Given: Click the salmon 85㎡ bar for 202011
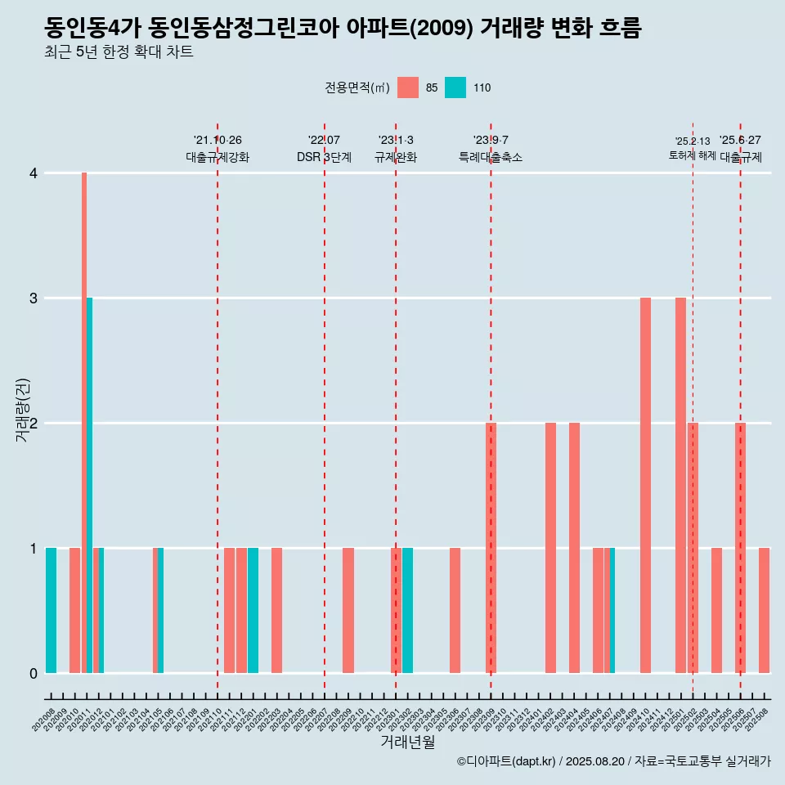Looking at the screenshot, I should click(x=84, y=423).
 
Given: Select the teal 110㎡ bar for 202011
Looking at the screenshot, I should click(x=89, y=485).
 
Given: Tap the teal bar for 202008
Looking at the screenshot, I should click(x=51, y=610).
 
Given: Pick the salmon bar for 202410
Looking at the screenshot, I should click(x=645, y=485).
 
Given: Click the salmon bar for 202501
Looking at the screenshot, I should click(x=680, y=485).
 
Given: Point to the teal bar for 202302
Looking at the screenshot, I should click(x=407, y=610).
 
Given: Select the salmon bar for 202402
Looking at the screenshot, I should click(x=550, y=548).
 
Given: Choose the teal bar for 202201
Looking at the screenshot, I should click(x=253, y=610).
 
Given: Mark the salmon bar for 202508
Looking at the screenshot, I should click(x=764, y=610).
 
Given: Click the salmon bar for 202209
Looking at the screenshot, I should click(x=348, y=610).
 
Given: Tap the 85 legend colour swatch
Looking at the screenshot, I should click(x=408, y=87).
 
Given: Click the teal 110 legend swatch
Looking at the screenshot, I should click(x=455, y=87).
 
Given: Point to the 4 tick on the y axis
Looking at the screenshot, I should click(x=34, y=173).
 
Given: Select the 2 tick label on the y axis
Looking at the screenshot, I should click(x=34, y=424).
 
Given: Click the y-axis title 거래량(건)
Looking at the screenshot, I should click(x=22, y=409).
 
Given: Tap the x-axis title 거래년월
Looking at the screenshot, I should click(x=407, y=742).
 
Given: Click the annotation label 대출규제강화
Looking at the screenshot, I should click(x=218, y=157).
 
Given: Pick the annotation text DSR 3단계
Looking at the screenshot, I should click(x=324, y=157).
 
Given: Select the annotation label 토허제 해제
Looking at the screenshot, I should click(x=692, y=155).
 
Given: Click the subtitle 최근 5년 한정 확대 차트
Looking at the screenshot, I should click(x=119, y=52).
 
